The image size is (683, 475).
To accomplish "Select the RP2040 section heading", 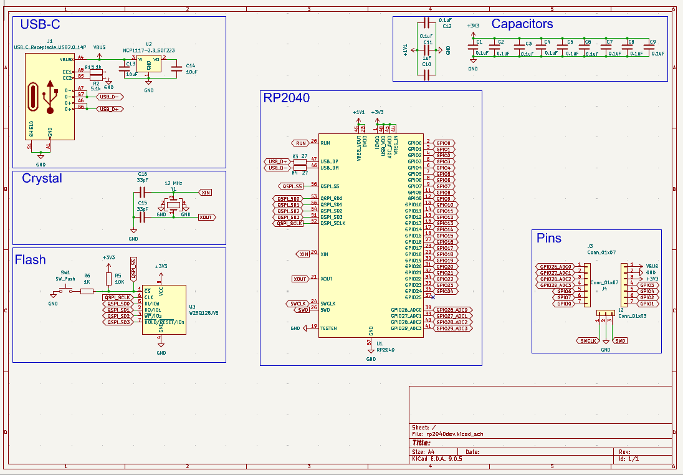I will pos(287,98).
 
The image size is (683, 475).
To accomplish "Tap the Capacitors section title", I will pos(522,24).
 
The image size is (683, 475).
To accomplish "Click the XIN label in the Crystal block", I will pos(206,193).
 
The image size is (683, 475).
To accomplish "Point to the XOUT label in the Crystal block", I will pos(206,217).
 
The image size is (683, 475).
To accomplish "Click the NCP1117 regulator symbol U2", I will pos(149,63).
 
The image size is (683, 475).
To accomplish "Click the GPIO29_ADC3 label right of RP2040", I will pos(452,328).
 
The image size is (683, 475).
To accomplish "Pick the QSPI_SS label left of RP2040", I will pos(291,186).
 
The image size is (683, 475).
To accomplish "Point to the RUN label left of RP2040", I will pos(302,143).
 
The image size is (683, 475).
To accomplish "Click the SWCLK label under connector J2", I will pos(588,341).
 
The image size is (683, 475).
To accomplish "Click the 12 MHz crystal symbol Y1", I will pos(173,204).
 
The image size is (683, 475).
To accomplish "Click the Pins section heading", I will pos(549,238).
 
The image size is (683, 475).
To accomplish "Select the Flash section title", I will pos(31,259).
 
